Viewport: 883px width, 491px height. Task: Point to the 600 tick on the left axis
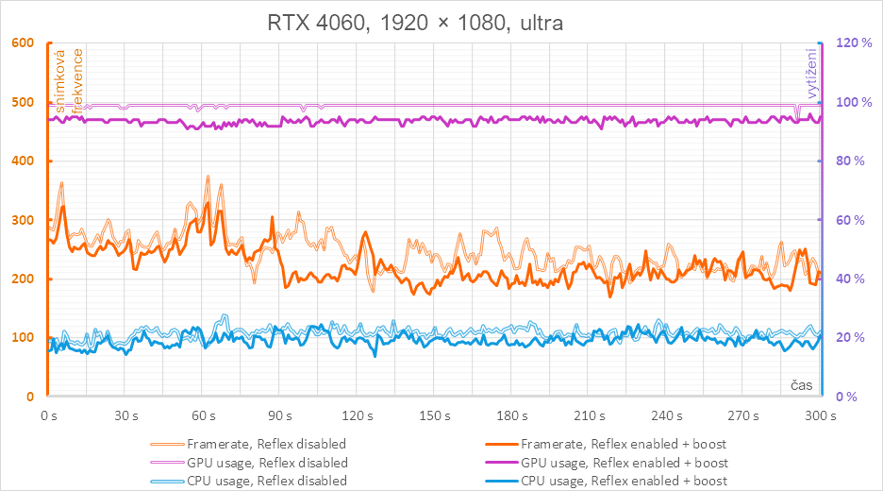pos(21,43)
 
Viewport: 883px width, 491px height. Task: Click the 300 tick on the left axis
pos(21,220)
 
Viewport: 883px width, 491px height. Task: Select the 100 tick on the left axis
pos(21,338)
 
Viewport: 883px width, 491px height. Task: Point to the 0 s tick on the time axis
pos(47,415)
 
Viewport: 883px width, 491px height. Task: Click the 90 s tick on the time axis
pos(279,415)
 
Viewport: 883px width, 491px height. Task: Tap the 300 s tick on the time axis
pos(819,415)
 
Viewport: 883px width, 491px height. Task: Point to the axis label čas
pos(802,385)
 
